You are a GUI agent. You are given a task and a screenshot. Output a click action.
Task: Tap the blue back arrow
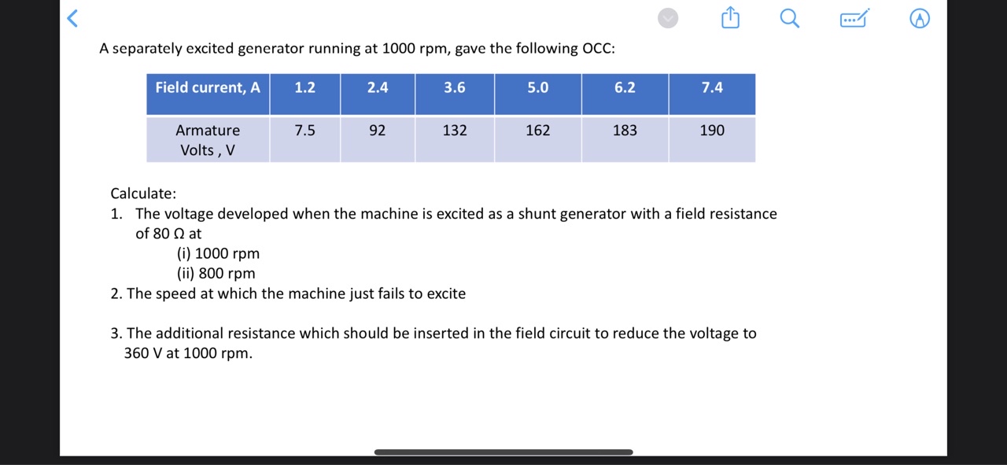pos(72,18)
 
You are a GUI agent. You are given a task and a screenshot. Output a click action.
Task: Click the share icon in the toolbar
pos(730,17)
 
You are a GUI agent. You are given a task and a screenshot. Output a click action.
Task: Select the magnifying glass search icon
pos(790,17)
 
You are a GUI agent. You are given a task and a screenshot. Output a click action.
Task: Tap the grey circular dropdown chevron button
pos(668,18)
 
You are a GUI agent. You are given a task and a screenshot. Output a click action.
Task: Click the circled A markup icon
pos(919,18)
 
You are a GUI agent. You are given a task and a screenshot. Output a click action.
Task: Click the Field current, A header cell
pos(208,88)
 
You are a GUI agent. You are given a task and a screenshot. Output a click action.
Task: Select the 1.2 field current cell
pos(304,88)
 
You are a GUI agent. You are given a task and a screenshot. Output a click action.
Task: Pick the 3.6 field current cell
pos(455,88)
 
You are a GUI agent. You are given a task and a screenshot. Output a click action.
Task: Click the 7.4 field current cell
pos(712,88)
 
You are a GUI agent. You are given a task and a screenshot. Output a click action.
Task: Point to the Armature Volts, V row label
pos(208,140)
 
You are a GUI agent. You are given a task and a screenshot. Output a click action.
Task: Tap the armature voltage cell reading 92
pos(378,131)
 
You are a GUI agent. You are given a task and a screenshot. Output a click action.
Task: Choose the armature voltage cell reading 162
pos(538,131)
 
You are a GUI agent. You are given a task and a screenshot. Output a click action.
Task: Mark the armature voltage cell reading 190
pos(712,131)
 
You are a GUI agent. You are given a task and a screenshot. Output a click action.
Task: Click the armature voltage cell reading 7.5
pos(304,131)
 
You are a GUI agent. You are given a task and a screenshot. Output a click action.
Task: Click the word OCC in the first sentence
pos(597,49)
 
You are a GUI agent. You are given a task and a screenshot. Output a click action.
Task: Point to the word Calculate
pos(142,194)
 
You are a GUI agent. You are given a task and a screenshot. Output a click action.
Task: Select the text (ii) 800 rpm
pos(216,274)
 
